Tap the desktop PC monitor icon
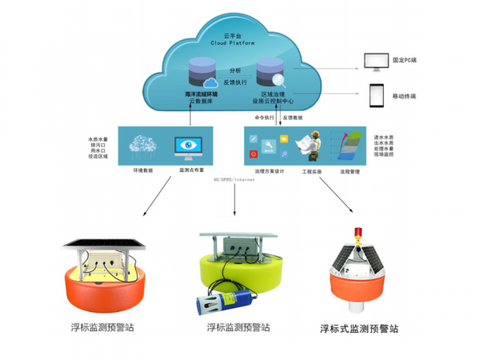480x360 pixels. (x=375, y=61)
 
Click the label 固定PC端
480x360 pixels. (x=410, y=61)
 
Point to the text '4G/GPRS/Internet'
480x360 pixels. (x=234, y=181)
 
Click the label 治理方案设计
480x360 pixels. (x=270, y=171)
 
